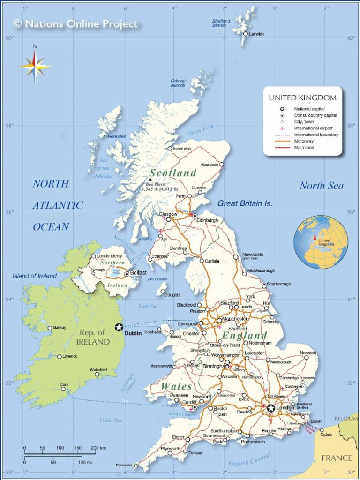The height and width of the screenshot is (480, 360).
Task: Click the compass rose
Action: [35, 66]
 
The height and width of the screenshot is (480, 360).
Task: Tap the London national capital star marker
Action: [271, 408]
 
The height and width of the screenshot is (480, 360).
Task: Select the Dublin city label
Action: [133, 333]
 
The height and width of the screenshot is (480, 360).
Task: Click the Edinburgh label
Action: [207, 220]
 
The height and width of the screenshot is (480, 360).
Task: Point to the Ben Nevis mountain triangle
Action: [150, 180]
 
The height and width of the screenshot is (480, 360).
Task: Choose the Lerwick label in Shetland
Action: [256, 34]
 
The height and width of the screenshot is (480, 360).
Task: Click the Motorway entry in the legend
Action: [304, 141]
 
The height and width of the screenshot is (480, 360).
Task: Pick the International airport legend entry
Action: [313, 128]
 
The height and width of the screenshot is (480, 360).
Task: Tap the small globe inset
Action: [321, 241]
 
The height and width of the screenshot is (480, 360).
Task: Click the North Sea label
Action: [322, 186]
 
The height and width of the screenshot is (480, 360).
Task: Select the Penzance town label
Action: [124, 465]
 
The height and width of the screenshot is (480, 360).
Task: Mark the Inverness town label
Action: [182, 149]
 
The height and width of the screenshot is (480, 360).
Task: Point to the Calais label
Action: [326, 435]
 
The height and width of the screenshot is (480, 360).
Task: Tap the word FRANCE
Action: [337, 457]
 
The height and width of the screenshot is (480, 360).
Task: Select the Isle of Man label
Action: [157, 279]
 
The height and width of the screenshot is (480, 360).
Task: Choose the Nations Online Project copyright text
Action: [76, 23]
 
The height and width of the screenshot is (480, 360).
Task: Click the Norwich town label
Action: [308, 352]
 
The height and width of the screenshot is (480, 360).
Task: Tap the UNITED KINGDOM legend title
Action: [302, 97]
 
